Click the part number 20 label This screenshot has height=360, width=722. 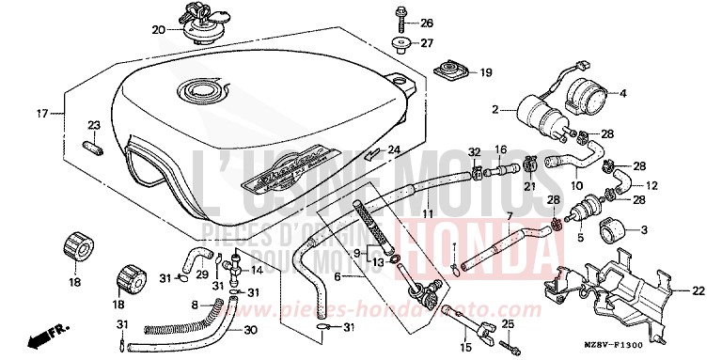pos(158,29)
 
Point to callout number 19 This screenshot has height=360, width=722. pos(486,72)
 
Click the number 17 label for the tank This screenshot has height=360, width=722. pos(41,114)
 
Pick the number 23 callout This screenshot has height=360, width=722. pos(94,125)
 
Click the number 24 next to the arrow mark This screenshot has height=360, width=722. pos(394,149)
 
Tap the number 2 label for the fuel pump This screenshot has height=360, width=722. pos(494,111)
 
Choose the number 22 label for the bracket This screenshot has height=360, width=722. pos(698,290)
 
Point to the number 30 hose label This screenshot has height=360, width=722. pos(249,329)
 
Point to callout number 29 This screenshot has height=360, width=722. pos(201,274)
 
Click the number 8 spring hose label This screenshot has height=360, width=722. pos(195,305)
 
